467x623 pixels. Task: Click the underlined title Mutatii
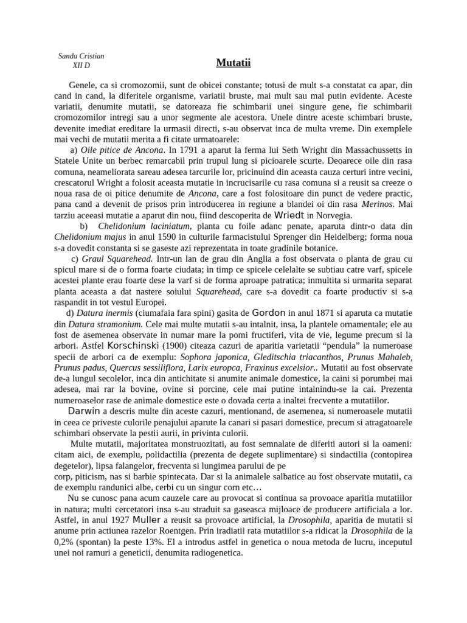pyautogui.click(x=233, y=63)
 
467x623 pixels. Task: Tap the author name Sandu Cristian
pyautogui.click(x=81, y=55)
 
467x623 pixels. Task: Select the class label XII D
pyautogui.click(x=80, y=66)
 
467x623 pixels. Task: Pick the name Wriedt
pyautogui.click(x=294, y=215)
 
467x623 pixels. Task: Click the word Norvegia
pyautogui.click(x=344, y=215)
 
